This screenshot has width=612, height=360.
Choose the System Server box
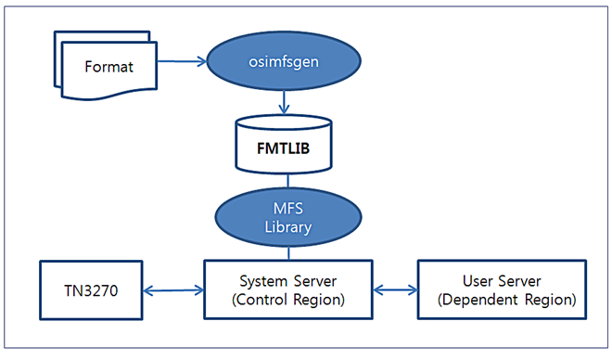click(x=287, y=289)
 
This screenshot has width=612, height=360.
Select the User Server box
click(x=502, y=289)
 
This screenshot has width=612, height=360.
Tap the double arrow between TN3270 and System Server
click(x=174, y=290)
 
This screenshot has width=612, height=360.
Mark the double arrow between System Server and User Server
click(x=394, y=290)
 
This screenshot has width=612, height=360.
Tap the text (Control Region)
click(x=287, y=300)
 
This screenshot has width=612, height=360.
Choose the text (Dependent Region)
click(x=502, y=300)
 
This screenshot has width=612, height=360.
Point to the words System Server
click(x=287, y=280)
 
